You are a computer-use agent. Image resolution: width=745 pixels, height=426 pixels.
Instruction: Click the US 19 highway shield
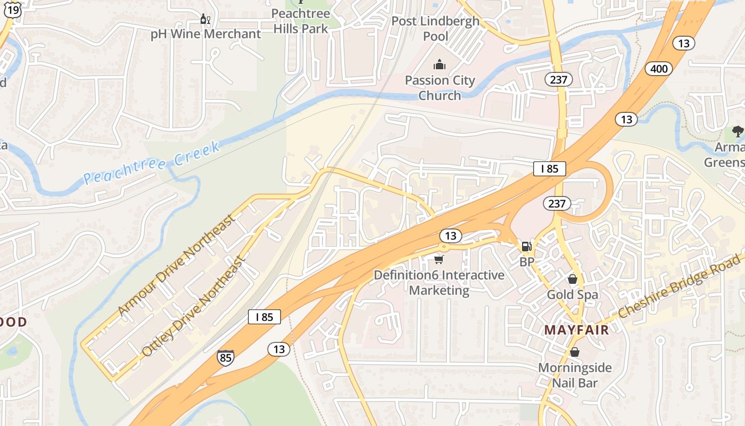point(13,8)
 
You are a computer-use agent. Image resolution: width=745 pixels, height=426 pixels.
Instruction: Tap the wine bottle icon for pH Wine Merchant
point(205,19)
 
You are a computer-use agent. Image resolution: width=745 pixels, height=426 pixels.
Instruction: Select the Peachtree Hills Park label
point(301,21)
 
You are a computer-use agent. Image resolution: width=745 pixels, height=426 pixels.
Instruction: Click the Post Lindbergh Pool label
point(435,29)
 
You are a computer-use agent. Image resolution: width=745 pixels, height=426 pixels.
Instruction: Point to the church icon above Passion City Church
point(440,65)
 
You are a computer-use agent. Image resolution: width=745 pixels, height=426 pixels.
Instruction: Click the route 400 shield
point(659,69)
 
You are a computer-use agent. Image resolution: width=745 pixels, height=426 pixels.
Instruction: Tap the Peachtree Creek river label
point(152,163)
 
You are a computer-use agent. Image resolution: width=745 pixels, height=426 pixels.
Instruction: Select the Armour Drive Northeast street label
point(176,265)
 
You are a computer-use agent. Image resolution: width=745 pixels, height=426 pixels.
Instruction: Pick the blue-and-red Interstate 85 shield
point(225,357)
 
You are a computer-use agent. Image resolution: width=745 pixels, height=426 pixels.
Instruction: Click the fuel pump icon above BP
point(526,246)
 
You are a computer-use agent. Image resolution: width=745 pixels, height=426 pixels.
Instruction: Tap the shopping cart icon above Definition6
point(438,259)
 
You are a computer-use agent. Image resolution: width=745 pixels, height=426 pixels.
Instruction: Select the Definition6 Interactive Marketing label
point(439,283)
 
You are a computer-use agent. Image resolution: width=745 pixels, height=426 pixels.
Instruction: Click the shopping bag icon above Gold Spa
point(573,279)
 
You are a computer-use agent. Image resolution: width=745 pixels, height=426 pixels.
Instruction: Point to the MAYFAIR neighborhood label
point(576,330)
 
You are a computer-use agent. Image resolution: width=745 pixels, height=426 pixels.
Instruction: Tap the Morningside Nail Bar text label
point(575,375)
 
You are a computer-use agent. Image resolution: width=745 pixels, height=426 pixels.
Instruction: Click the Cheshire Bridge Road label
point(679,286)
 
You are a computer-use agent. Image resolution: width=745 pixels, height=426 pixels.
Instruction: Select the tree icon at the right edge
point(738,131)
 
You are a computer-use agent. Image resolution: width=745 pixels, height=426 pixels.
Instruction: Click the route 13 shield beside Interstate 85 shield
point(278,349)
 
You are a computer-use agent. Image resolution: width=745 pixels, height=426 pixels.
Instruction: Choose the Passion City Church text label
point(440,88)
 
